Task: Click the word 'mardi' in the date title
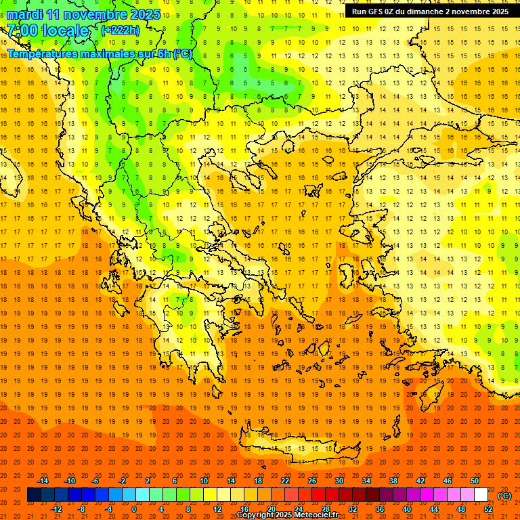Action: click(24, 14)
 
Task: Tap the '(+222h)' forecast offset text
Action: click(120, 30)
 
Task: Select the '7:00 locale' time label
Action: click(48, 30)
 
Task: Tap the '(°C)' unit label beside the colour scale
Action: click(504, 495)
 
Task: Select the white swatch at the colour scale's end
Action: click(481, 495)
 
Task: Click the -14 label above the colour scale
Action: click(43, 481)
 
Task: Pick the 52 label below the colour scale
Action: click(488, 508)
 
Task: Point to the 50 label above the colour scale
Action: click(474, 481)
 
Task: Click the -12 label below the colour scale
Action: click(56, 508)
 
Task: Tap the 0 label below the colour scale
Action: click(134, 508)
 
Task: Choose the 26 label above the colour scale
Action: click(312, 481)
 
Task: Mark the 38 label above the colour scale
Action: click(393, 481)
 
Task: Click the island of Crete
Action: click(298, 450)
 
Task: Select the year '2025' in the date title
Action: click(144, 14)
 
